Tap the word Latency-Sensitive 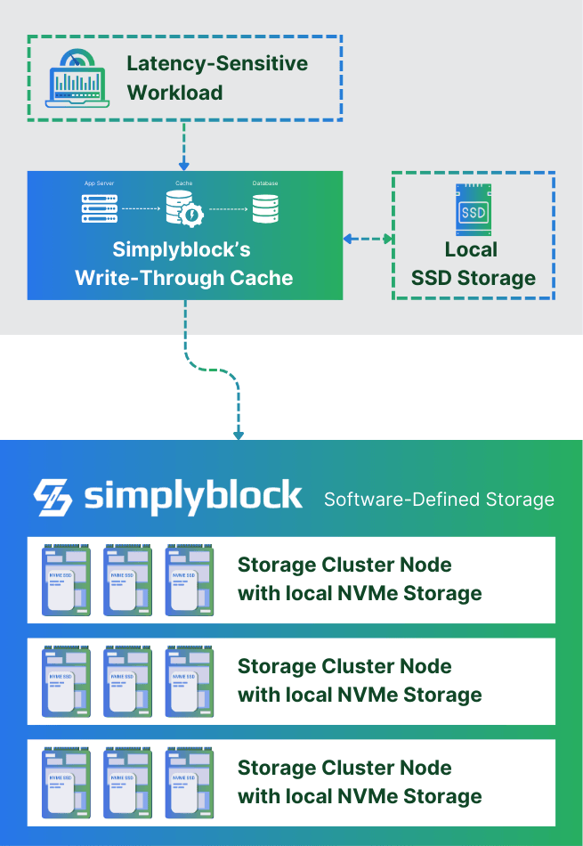point(217,64)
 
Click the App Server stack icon point(99,207)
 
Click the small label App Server point(99,183)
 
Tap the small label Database point(264,183)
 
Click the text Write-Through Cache point(184,278)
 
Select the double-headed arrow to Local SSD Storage point(368,239)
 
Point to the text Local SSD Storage point(473,264)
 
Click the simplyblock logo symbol point(53,497)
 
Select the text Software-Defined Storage point(439,499)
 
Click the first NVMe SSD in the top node point(66,580)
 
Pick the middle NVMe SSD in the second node point(128,681)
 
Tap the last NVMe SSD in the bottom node point(190,783)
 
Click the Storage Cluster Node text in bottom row point(344,768)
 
